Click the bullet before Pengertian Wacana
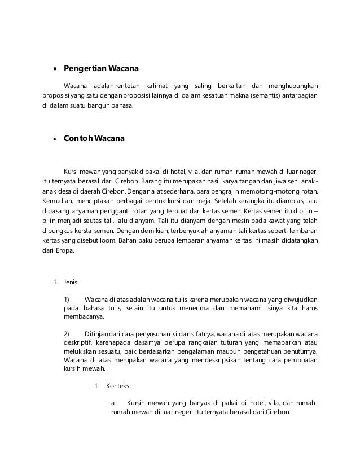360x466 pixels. coord(54,71)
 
